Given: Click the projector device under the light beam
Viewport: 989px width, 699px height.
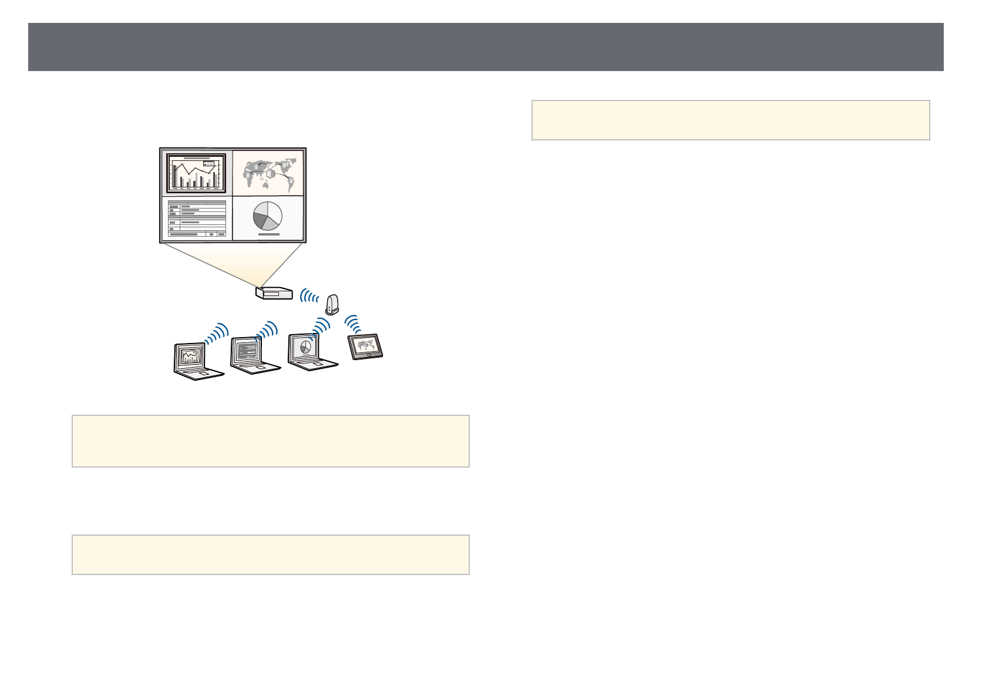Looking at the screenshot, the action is [x=274, y=293].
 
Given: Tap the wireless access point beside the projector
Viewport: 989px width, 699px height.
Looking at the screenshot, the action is [x=332, y=304].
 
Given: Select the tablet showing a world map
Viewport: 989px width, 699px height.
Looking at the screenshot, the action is [x=365, y=346].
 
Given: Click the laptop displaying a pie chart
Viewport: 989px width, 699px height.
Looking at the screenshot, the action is [x=311, y=352].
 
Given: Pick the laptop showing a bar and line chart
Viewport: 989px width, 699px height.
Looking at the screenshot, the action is [x=197, y=361].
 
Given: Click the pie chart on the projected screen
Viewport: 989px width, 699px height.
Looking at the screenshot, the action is [x=268, y=216].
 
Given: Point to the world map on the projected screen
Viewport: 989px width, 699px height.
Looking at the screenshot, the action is [x=268, y=172].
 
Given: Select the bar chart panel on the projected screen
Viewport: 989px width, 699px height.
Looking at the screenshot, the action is [x=196, y=173].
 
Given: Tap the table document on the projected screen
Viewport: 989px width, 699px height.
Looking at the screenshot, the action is [x=197, y=219].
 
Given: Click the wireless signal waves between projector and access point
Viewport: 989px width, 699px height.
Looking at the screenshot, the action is [x=308, y=295].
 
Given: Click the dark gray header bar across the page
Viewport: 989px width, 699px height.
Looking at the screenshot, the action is [x=486, y=47].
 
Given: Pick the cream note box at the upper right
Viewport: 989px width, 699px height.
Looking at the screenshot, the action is [x=731, y=120].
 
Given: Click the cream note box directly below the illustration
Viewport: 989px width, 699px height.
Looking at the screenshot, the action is [x=270, y=441].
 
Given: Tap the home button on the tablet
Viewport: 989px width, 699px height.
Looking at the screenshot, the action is [x=368, y=356].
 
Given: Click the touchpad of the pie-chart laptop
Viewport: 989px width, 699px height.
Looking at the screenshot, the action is [x=318, y=364].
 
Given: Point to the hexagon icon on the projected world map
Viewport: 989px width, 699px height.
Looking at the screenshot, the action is [x=270, y=173].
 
